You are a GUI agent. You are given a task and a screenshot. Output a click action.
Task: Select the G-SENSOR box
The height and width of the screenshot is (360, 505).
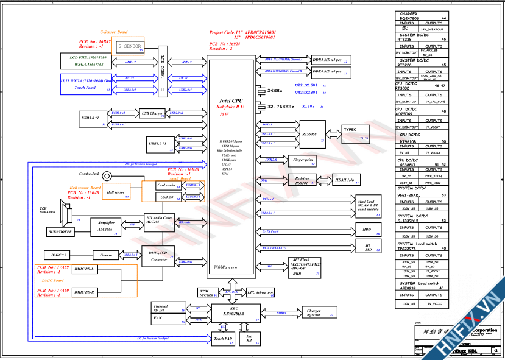129,46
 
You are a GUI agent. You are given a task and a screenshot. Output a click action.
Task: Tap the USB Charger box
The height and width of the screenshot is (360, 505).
152,113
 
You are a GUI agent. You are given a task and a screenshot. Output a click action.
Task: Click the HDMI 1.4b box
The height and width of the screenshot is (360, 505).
348,180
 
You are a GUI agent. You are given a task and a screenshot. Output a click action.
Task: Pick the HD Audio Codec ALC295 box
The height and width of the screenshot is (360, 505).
159,221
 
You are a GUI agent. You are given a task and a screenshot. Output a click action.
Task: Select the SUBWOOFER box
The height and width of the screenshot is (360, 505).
61,232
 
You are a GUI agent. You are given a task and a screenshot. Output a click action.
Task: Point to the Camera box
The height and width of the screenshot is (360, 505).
107,255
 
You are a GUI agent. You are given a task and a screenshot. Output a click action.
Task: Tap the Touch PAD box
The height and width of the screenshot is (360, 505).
223,339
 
